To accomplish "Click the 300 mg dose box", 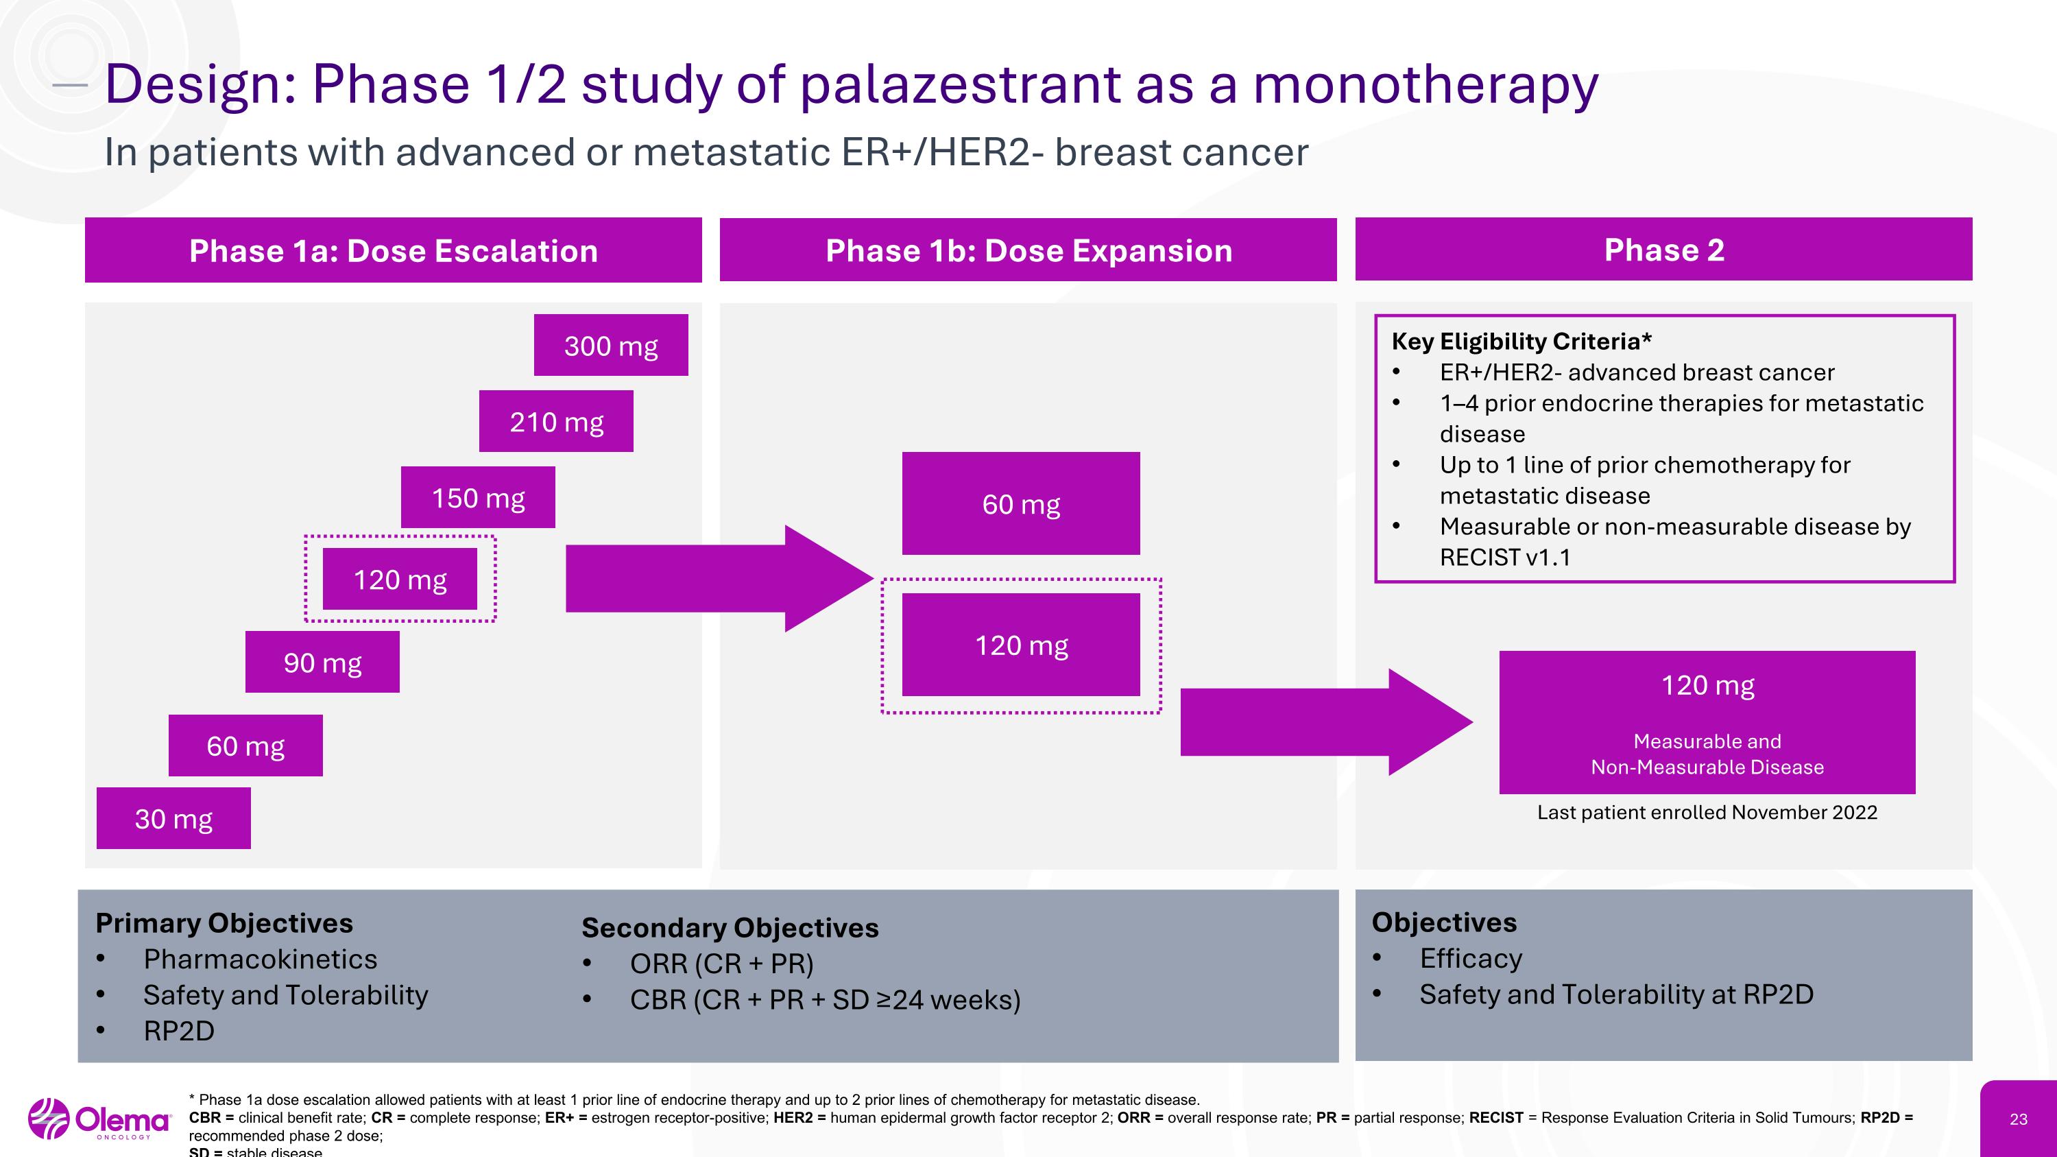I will pyautogui.click(x=611, y=345).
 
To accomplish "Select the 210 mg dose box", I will pyautogui.click(x=556, y=421).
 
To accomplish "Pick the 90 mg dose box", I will pyautogui.click(x=322, y=661).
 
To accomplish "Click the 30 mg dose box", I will pyautogui.click(x=173, y=818).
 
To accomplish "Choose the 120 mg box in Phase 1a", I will pyautogui.click(x=399, y=579).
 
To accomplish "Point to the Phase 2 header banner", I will pyautogui.click(x=1663, y=249).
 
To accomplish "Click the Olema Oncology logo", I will pyautogui.click(x=100, y=1119).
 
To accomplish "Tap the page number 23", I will pyautogui.click(x=2018, y=1119).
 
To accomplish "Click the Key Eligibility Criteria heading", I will pyautogui.click(x=1521, y=341).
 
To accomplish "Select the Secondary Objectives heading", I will pyautogui.click(x=729, y=927).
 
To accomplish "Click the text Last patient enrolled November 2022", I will pyautogui.click(x=1707, y=812).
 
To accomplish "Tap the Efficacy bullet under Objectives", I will pyautogui.click(x=1470, y=957).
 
